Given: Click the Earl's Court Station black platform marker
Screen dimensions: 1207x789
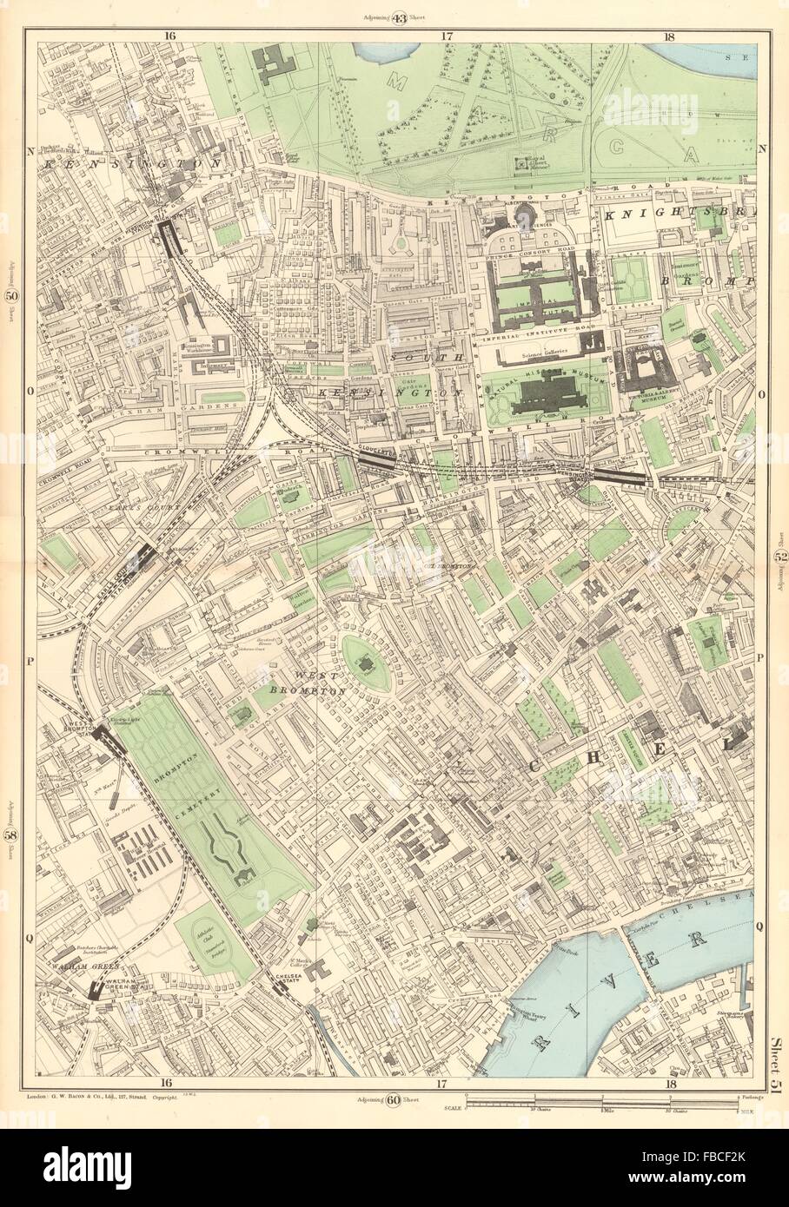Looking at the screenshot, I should pos(138,555).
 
